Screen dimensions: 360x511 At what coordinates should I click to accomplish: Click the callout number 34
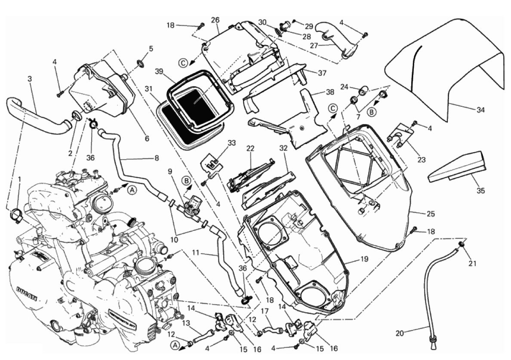click(480, 110)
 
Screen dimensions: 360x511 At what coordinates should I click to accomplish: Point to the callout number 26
click(215, 20)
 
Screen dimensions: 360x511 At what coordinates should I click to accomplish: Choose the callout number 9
click(171, 171)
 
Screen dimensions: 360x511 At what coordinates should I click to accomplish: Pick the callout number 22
click(251, 148)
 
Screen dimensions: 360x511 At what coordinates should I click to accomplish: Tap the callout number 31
click(148, 89)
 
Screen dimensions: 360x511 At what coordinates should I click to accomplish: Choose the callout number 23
click(421, 160)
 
